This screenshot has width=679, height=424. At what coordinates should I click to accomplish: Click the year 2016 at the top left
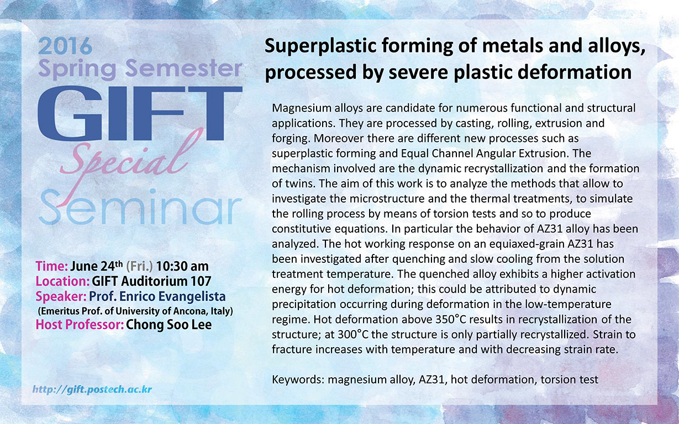coord(65,46)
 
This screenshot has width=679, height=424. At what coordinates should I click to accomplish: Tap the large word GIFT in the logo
coord(140,113)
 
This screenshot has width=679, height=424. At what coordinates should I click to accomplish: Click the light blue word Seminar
coord(140,207)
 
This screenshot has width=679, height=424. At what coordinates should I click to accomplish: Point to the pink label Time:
coord(52,266)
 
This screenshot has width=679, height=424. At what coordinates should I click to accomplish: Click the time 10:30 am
coord(182,266)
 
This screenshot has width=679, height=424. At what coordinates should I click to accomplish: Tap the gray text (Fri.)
coord(139,267)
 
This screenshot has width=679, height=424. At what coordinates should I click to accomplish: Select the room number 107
coord(201,281)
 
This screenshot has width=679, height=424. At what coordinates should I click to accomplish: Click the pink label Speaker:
coord(61,297)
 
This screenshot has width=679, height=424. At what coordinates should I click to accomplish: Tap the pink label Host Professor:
coord(80,325)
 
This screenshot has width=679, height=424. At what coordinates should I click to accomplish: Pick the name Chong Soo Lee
coord(169,325)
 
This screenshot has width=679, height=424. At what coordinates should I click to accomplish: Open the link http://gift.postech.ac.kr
coord(92,389)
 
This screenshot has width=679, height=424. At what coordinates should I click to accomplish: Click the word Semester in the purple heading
coord(183,68)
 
